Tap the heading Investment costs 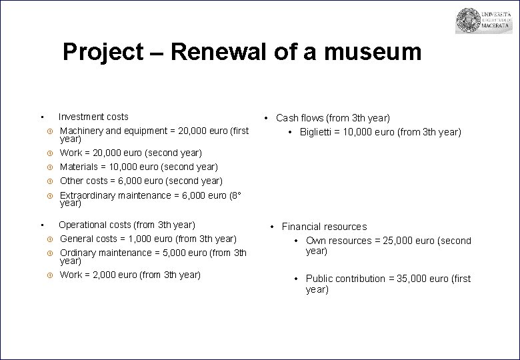pyautogui.click(x=93, y=117)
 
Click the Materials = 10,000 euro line pyautogui.click(x=139, y=167)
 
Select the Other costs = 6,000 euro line pyautogui.click(x=141, y=181)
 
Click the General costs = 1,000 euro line pyautogui.click(x=148, y=239)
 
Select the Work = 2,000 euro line pyautogui.click(x=130, y=275)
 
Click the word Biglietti pyautogui.click(x=318, y=132)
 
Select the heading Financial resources pyautogui.click(x=324, y=227)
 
